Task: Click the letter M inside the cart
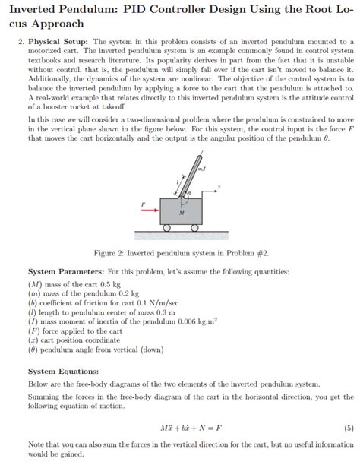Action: tap(181, 214)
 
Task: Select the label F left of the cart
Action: tap(141, 203)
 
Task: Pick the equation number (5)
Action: tap(347, 427)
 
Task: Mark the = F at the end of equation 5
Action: tap(214, 427)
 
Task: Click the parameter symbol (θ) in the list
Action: tap(34, 350)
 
